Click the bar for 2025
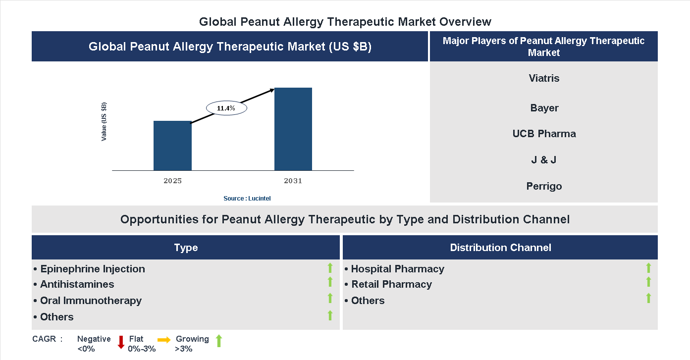172,146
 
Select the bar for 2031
293,129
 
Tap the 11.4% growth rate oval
226,108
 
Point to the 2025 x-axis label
172,181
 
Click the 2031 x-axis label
293,181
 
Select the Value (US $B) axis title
104,122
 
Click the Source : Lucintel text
247,198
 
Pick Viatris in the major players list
544,78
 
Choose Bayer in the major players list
544,108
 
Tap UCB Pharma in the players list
544,134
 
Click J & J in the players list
544,160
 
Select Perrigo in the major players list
544,186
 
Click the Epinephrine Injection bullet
92,269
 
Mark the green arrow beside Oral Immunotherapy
330,298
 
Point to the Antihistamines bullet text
77,284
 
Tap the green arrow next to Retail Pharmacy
648,282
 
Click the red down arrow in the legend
121,342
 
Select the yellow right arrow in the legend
164,340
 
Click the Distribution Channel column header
500,248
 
